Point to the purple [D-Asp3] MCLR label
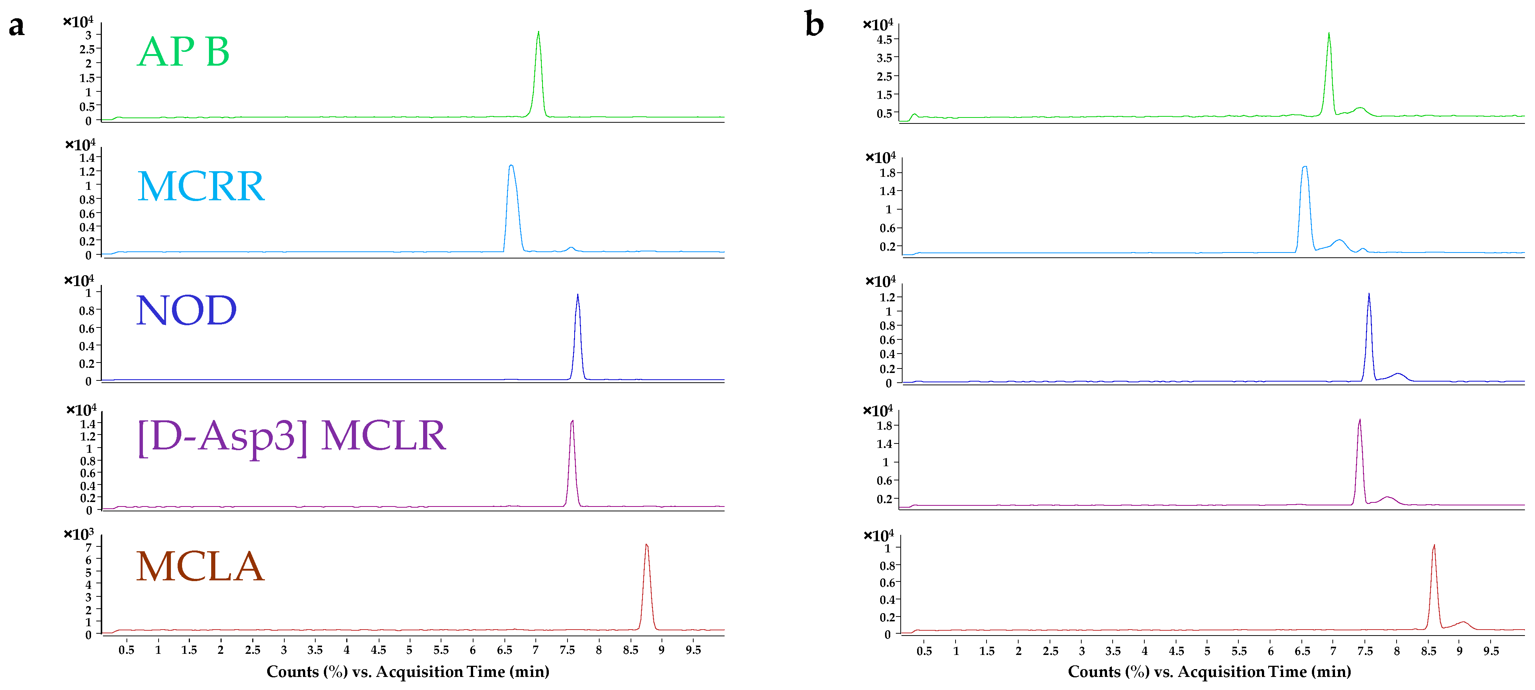coord(291,437)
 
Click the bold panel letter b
coord(814,25)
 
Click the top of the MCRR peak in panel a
coord(511,166)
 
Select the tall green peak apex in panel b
coord(1329,33)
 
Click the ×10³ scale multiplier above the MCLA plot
coord(79,534)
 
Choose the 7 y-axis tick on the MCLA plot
coord(89,548)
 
